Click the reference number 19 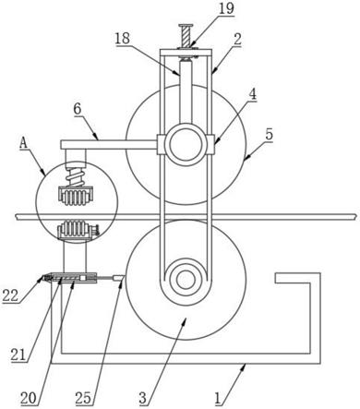click(x=226, y=8)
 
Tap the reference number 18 click(x=122, y=39)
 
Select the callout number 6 click(x=78, y=109)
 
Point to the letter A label click(x=23, y=143)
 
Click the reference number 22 click(x=11, y=295)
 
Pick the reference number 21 click(x=18, y=355)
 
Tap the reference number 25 click(x=83, y=398)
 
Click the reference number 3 click(x=143, y=398)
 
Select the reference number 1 click(x=218, y=399)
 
